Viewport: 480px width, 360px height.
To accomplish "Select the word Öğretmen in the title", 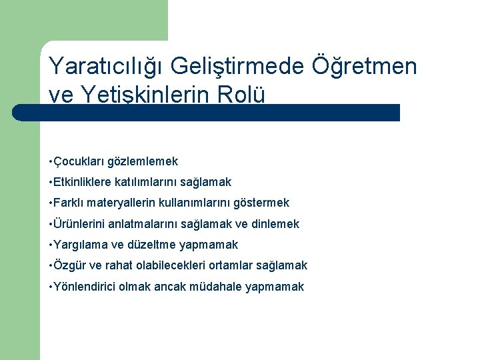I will click(x=365, y=67).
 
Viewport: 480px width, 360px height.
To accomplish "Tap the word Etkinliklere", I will click(x=82, y=182).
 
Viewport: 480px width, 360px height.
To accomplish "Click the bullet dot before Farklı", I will click(x=51, y=203).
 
